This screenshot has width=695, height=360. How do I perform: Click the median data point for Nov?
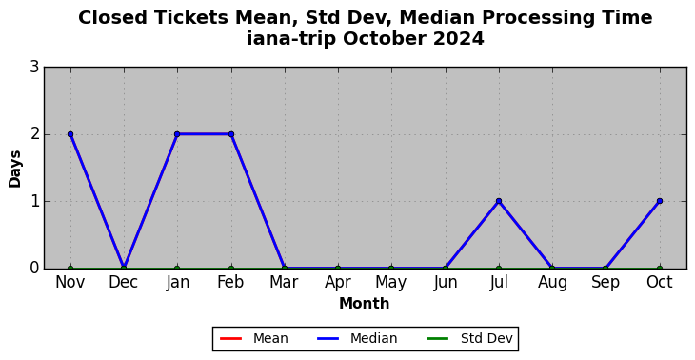point(70,134)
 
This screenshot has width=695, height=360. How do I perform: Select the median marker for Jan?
point(177,134)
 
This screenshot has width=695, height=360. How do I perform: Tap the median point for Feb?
point(231,134)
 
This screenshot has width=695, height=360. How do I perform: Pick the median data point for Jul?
point(499,201)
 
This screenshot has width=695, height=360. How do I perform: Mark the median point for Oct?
point(660,201)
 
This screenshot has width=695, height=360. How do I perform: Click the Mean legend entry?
point(254,339)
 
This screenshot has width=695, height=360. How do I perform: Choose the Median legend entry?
point(357,339)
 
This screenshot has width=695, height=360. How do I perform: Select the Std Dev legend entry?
point(469,339)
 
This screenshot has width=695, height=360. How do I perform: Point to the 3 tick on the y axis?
point(34,68)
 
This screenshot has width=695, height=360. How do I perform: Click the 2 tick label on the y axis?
point(34,134)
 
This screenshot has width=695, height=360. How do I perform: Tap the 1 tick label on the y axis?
point(34,201)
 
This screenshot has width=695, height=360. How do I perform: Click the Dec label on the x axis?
point(124,283)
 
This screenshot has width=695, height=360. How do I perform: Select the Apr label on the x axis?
point(338,283)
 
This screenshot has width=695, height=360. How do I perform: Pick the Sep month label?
point(606,283)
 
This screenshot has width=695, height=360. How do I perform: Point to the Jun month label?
point(446,283)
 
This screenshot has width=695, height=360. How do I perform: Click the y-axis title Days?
point(14,169)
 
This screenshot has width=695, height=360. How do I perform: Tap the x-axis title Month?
point(365,304)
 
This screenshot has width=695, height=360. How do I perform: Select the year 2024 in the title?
point(459,38)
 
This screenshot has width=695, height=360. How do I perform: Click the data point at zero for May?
point(391,268)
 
